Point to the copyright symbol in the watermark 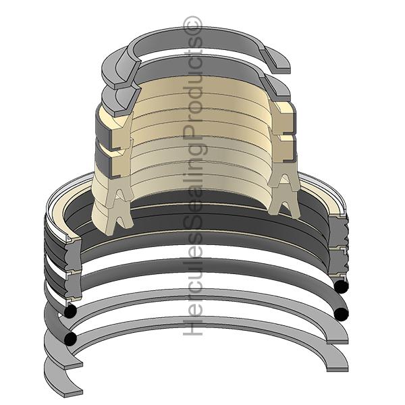click(194, 27)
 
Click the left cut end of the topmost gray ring click(115, 70)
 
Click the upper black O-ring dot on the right click(341, 286)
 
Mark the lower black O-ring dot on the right click(341, 313)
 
